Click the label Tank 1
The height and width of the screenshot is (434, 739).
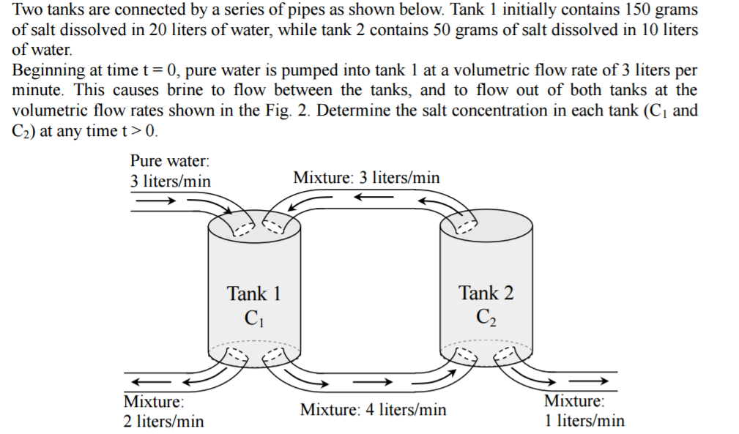[x=253, y=294]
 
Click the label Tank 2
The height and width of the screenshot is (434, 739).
[x=486, y=293]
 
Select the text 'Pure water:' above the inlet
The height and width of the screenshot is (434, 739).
[x=169, y=160]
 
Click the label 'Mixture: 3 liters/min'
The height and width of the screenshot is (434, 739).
[x=366, y=178]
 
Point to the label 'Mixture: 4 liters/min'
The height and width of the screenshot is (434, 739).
[x=373, y=410]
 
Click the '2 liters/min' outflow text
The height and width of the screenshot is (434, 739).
[x=163, y=421]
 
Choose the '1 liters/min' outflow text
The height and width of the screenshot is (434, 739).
[x=584, y=420]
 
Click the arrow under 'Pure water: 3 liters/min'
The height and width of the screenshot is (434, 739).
[x=155, y=198]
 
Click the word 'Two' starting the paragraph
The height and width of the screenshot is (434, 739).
[x=28, y=11]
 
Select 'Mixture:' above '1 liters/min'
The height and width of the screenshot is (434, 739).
[x=573, y=401]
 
